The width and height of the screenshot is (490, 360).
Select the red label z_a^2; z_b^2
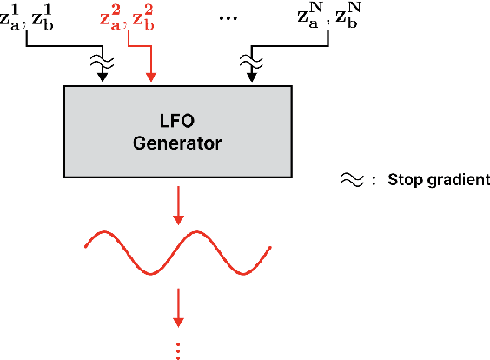pos(127,17)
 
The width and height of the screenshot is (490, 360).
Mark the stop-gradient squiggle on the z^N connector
pos(253,60)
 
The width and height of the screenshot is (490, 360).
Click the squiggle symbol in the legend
pos(350,180)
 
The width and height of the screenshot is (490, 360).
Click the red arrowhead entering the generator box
pos(152,79)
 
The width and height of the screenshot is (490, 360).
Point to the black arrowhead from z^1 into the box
pos(103,79)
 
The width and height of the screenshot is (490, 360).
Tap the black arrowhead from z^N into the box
pos(253,79)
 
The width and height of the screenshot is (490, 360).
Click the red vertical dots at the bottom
pos(179,350)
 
